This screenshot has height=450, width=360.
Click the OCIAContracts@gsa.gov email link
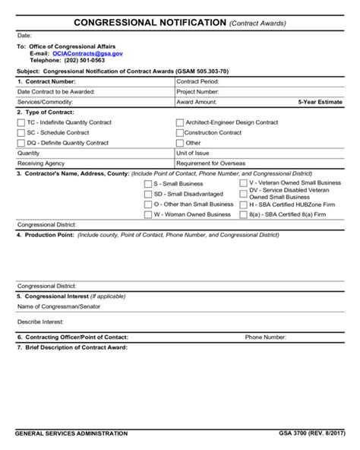tap(87, 54)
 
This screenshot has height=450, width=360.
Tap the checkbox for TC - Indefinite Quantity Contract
tap(21, 122)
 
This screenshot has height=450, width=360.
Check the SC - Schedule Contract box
tap(21, 132)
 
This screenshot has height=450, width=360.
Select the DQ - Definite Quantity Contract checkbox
tap(21, 142)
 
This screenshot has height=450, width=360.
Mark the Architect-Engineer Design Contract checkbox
tap(179, 122)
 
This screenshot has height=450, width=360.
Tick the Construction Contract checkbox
tap(179, 132)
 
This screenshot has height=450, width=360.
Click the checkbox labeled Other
tap(179, 142)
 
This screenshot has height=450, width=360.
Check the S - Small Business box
tap(148, 183)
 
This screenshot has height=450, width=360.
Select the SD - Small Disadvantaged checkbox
tap(148, 194)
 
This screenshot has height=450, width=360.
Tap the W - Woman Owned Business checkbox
tap(148, 214)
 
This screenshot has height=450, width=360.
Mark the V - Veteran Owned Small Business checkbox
tap(244, 182)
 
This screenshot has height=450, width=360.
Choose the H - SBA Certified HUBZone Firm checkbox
tap(244, 204)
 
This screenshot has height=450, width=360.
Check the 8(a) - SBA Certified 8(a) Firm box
tap(244, 214)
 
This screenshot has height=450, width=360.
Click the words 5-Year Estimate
tap(320, 101)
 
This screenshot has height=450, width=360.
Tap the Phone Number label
tap(265, 337)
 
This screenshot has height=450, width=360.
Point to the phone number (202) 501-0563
tap(79, 61)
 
